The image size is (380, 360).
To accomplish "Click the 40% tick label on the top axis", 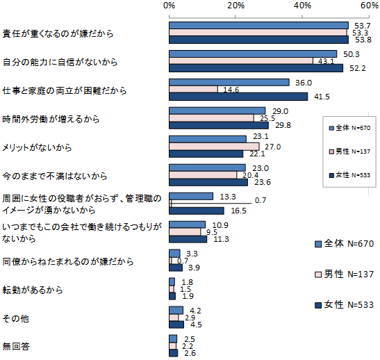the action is [x=302, y=6].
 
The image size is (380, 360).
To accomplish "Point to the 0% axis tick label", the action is [x=169, y=6].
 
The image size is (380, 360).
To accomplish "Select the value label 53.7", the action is [x=363, y=26].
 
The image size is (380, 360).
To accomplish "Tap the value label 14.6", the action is [x=231, y=90].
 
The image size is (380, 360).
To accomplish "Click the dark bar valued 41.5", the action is [x=238, y=97].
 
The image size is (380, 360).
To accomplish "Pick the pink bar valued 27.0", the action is [x=214, y=147].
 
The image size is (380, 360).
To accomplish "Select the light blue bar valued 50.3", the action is [x=253, y=54].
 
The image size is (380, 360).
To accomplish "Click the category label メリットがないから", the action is [x=37, y=147].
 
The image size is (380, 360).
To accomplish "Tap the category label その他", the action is [x=16, y=318].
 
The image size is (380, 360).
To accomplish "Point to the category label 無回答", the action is [x=16, y=346].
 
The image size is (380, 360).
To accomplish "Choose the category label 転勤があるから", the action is [x=33, y=290].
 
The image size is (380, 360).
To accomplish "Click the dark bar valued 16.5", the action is [x=197, y=211].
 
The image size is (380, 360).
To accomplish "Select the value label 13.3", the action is [x=228, y=197].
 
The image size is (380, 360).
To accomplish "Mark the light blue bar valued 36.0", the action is [x=229, y=83].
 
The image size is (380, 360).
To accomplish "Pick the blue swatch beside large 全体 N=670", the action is [x=318, y=244].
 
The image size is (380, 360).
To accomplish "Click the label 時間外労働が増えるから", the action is [x=51, y=119].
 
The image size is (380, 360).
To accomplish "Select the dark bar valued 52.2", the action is [x=256, y=68].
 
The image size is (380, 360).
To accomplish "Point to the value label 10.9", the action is [x=220, y=225].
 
